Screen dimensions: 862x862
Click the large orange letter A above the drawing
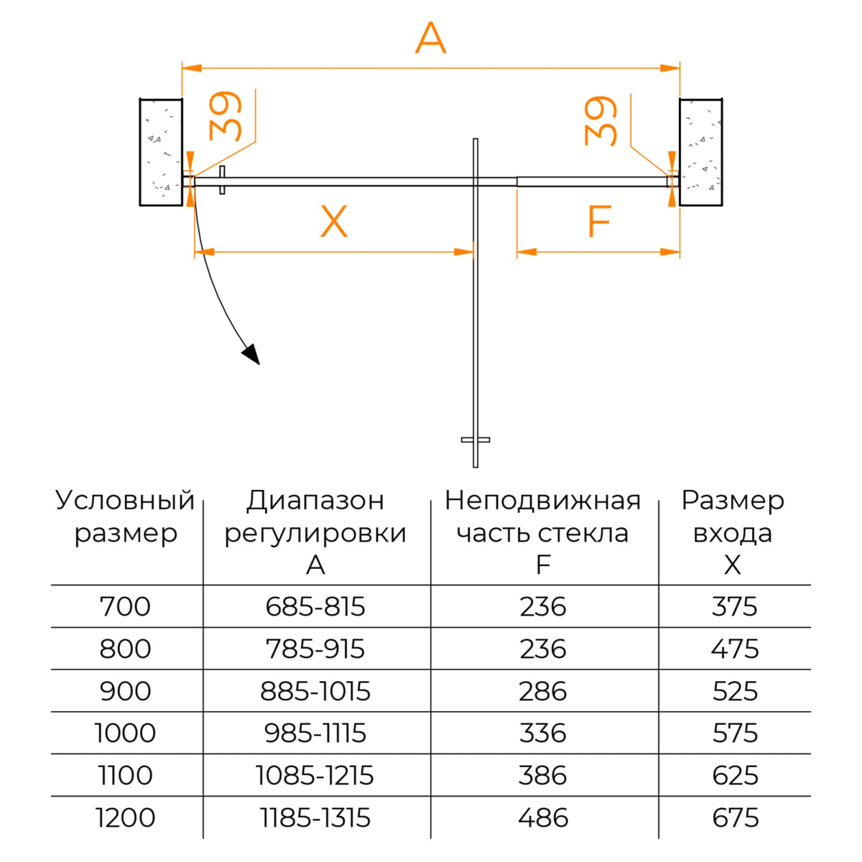click(430, 38)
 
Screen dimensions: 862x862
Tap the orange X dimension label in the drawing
click(334, 221)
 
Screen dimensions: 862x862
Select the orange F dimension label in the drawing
click(598, 221)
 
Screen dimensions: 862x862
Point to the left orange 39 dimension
click(225, 116)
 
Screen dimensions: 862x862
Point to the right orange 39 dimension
click(601, 121)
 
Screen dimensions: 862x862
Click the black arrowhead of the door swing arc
click(252, 353)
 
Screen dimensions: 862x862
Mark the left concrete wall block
click(161, 152)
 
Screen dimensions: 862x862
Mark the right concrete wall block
click(700, 152)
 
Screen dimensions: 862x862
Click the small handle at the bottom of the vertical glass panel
click(475, 440)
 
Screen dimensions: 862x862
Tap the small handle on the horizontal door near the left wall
click(222, 180)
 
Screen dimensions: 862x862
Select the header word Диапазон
click(315, 501)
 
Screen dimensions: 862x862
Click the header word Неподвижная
click(542, 500)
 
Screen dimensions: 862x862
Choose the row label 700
click(125, 606)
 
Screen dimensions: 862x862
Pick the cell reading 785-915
click(315, 649)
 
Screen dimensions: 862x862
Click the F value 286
click(542, 691)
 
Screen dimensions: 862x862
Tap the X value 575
click(735, 733)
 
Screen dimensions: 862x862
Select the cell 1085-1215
click(315, 775)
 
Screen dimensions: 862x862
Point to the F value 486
click(543, 817)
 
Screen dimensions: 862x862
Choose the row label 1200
click(125, 817)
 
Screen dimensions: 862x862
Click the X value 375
click(735, 606)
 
